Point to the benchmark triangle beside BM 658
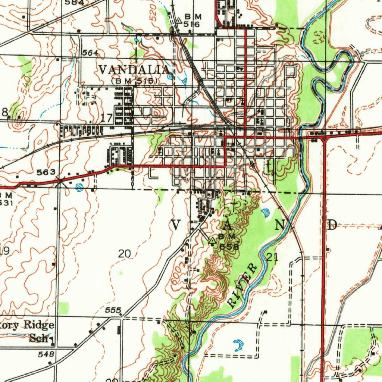click(212, 241)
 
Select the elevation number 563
click(46, 172)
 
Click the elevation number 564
click(90, 53)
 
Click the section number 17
click(106, 119)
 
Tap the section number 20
click(125, 254)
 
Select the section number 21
click(273, 257)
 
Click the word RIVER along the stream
click(242, 285)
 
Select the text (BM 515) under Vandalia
click(135, 81)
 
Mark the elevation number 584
click(74, 2)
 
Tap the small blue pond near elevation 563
click(79, 188)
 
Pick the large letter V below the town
click(176, 225)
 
